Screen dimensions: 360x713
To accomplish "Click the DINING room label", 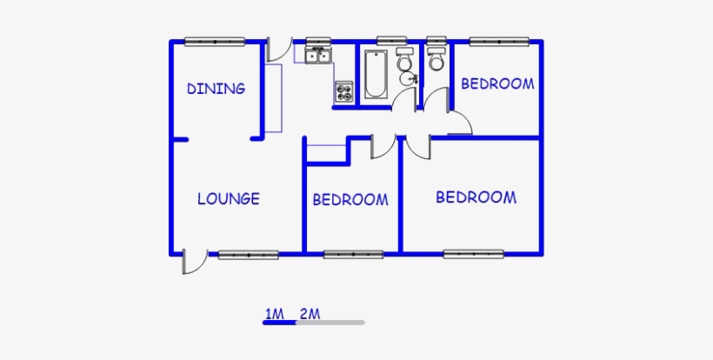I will pos(216,88).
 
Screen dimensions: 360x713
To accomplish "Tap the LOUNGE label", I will pos(228,198).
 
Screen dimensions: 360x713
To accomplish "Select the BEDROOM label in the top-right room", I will pos(496,83).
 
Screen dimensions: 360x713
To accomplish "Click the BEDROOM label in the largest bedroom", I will pos(476,197).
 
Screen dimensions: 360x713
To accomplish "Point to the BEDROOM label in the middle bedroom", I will pos(350,200).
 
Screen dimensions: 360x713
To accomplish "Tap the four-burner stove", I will pos(343,90).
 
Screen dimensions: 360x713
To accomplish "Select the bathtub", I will pos(376,75).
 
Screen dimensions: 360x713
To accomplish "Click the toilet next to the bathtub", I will pos(404,62).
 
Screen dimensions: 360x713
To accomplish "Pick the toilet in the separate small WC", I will pos(436,59).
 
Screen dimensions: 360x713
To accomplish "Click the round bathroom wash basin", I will pos(407,79).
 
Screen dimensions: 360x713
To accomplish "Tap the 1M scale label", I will pos(275,313).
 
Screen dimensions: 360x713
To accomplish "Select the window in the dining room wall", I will pos(214,40).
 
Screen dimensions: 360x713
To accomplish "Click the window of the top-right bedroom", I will pos(498,40).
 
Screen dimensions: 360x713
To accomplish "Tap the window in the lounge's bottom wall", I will pos(248,254).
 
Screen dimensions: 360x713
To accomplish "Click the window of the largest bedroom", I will pos(474,254).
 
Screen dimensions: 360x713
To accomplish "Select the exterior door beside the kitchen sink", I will pos(277,50).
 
